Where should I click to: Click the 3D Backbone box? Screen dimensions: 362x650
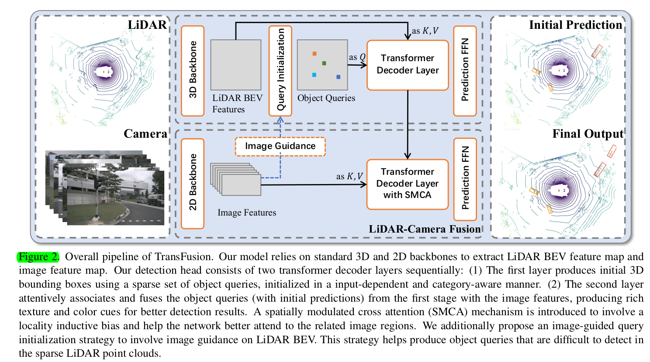[193, 71]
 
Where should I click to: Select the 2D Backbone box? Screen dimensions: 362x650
[193, 183]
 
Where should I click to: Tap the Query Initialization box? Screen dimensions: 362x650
[280, 71]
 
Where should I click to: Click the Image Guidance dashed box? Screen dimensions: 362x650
[280, 146]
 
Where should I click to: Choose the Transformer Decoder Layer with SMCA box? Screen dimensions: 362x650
[408, 184]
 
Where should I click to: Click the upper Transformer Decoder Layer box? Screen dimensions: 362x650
[408, 65]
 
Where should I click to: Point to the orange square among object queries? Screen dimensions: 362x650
[315, 54]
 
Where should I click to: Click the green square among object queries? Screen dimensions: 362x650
[324, 63]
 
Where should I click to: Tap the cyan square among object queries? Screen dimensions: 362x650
[314, 75]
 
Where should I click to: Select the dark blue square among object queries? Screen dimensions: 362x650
[339, 77]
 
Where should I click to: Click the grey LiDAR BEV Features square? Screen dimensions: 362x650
[236, 65]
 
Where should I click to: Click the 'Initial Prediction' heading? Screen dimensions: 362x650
[575, 25]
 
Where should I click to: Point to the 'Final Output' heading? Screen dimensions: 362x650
[588, 134]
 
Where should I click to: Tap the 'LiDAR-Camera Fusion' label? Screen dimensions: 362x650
[424, 229]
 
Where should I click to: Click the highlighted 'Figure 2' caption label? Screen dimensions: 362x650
[38, 257]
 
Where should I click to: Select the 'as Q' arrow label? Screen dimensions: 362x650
[357, 57]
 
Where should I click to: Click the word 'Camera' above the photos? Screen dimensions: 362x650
[145, 134]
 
